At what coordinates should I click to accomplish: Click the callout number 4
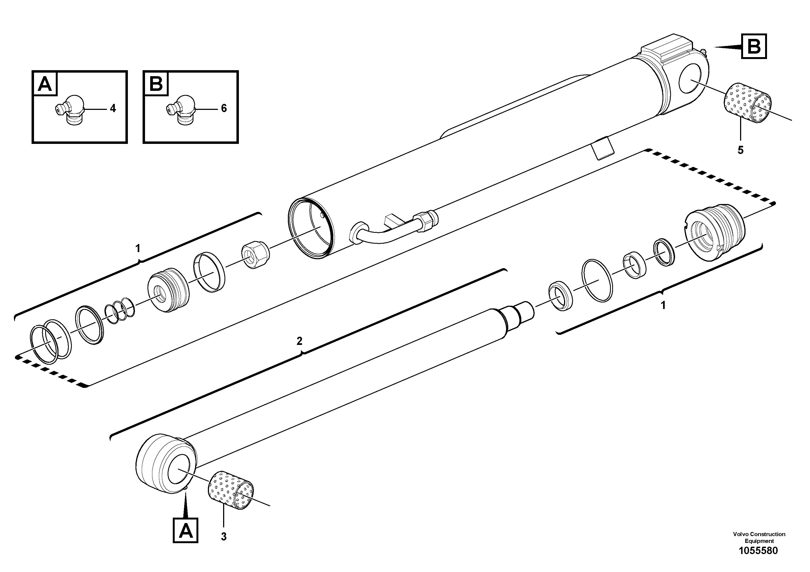tap(113, 108)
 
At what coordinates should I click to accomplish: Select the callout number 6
tap(224, 108)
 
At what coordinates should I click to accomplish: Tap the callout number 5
tap(741, 150)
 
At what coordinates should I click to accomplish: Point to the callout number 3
tap(224, 537)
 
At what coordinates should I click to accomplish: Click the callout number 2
tap(300, 341)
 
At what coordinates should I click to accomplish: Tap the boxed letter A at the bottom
tap(186, 530)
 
